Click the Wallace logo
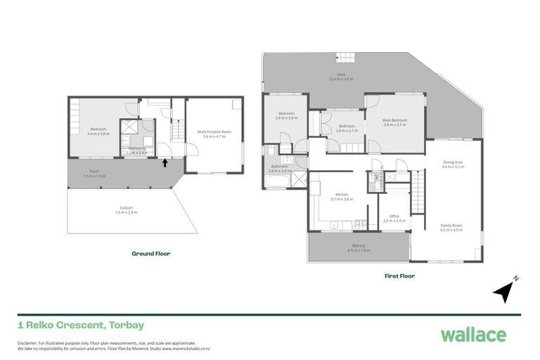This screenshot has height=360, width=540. tap(473, 334)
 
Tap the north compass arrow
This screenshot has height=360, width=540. tap(505, 290)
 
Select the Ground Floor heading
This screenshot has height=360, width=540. tap(151, 253)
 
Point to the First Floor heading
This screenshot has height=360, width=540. tap(399, 276)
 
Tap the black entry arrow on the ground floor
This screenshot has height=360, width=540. tap(165, 163)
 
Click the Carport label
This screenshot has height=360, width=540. tap(126, 209)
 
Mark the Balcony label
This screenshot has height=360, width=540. tap(359, 247)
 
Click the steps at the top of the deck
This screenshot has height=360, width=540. tap(347, 58)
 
